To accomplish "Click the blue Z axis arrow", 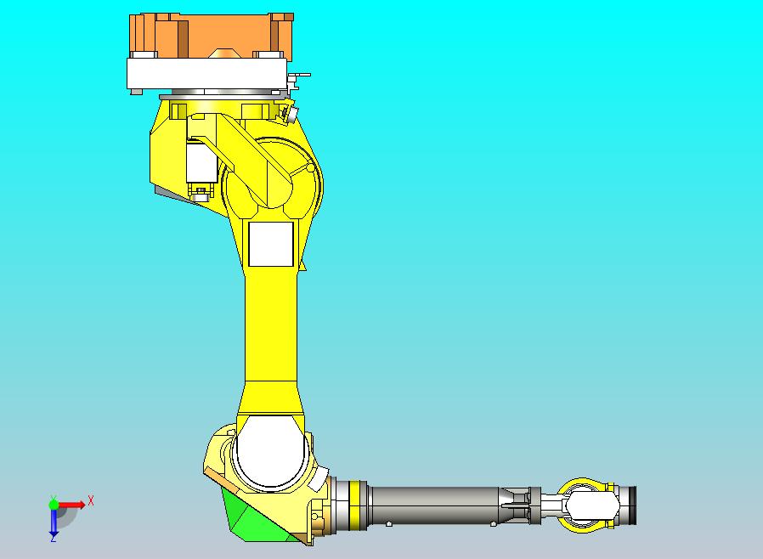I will (x=54, y=523).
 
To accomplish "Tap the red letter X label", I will (x=91, y=500).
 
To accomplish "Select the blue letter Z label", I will (x=53, y=539).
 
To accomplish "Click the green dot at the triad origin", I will (x=54, y=505).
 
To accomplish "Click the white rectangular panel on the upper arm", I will (x=270, y=244).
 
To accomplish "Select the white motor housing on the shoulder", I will (x=202, y=161).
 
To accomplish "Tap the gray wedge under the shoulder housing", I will (x=174, y=194).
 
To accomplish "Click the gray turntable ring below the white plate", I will (x=225, y=93).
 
